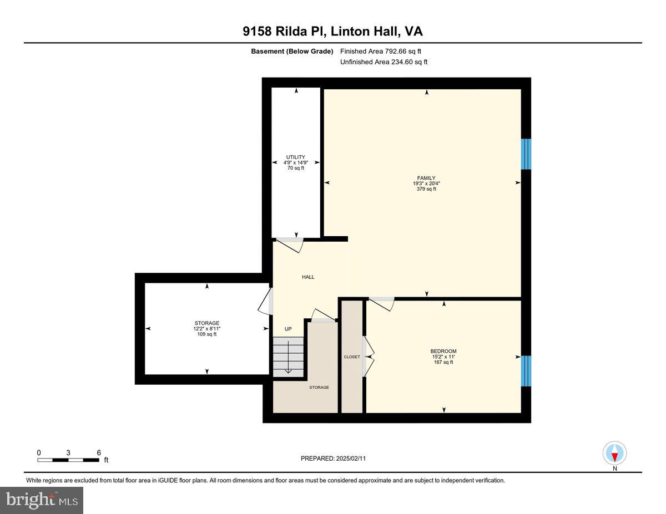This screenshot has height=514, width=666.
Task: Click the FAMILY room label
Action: click(426, 178)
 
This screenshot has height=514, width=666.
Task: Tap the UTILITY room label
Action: click(295, 157)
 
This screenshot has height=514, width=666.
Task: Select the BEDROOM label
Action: click(443, 351)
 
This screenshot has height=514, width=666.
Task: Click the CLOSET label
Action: click(352, 357)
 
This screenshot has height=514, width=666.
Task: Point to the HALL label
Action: click(308, 277)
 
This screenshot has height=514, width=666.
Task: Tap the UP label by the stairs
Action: click(288, 329)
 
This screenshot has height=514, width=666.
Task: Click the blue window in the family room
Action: click(526, 154)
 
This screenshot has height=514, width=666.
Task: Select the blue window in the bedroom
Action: click(526, 370)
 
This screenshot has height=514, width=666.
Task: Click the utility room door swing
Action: click(291, 244)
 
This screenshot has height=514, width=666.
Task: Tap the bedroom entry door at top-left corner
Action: click(381, 303)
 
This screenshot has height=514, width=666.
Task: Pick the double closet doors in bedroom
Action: click(368, 357)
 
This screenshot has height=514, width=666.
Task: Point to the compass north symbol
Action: click(614, 454)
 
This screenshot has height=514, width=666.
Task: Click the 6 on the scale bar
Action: click(98, 452)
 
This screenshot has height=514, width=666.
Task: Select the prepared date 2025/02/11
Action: click(333, 459)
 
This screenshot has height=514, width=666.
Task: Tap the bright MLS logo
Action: click(42, 500)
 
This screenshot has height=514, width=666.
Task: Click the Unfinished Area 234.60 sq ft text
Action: click(384, 62)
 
